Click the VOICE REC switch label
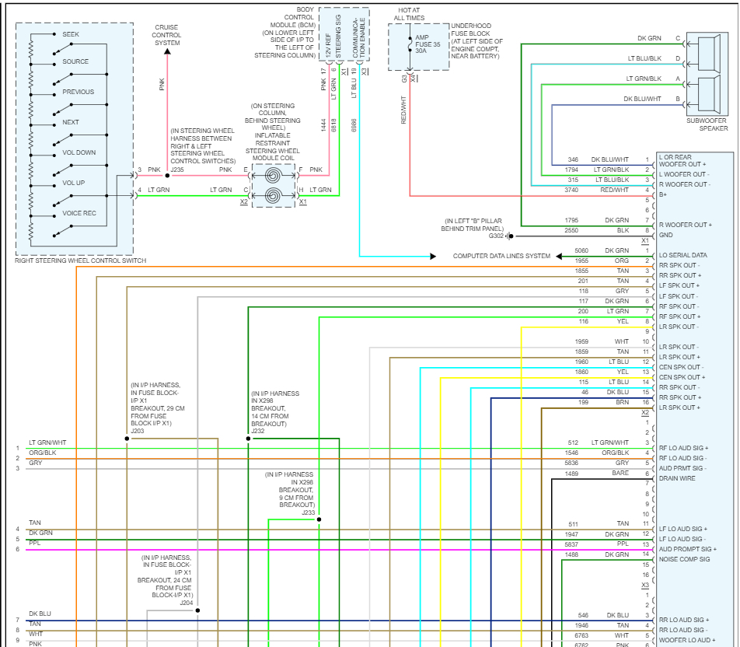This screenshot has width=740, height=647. coord(79,213)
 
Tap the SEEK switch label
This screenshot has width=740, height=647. coord(71,35)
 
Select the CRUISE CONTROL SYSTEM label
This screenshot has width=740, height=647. coord(166,35)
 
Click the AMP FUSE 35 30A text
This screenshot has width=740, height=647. coord(427,45)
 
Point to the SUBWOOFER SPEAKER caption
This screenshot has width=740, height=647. coord(707,124)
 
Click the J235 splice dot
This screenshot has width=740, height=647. coord(166,176)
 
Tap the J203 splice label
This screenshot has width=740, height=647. coord(138,430)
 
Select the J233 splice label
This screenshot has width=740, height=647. coord(309,512)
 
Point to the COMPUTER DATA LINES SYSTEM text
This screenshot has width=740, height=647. coord(501,256)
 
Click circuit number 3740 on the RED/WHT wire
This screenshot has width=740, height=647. coord(572,190)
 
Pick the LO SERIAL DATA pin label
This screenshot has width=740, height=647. coord(682,256)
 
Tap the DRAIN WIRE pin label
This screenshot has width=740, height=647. coord(679,478)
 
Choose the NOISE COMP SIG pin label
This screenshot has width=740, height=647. coord(685,559)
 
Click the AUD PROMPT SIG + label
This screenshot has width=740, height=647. coord(687,549)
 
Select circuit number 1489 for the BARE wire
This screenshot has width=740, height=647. coord(571,474)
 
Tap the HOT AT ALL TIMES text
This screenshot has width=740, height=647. coord(409,13)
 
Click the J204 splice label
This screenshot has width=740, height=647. coord(187,602)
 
